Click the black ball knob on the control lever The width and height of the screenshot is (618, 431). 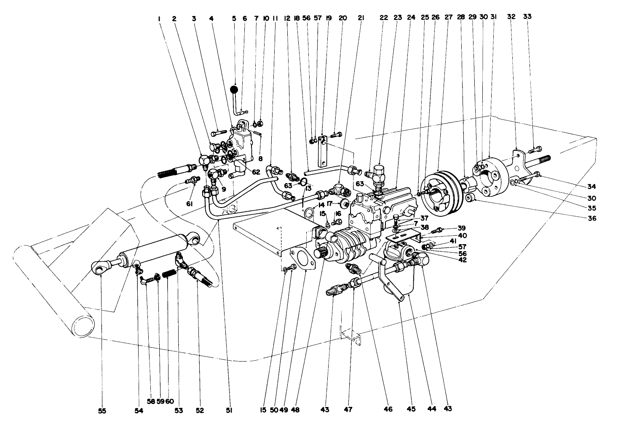pos(235,90)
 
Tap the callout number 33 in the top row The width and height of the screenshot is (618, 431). pos(527,17)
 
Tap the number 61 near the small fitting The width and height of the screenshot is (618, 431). pos(190,204)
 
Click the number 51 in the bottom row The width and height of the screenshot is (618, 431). pos(229,410)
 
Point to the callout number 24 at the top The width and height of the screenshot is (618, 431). pos(411,18)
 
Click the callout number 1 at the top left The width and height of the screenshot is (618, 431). pos(160,19)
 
